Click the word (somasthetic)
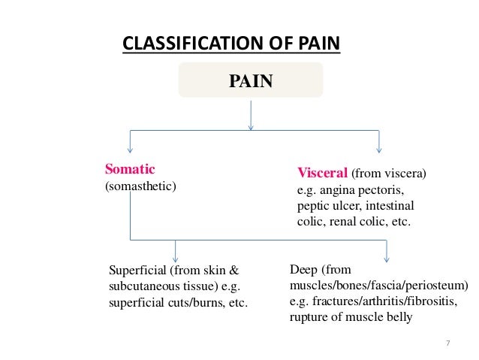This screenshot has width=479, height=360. click(x=140, y=185)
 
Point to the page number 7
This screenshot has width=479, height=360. click(x=447, y=343)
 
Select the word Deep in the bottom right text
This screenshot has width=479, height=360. click(x=303, y=268)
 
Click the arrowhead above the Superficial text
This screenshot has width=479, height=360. click(x=176, y=256)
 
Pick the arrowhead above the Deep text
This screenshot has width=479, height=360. click(x=387, y=256)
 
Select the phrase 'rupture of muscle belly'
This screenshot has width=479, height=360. click(x=351, y=317)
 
